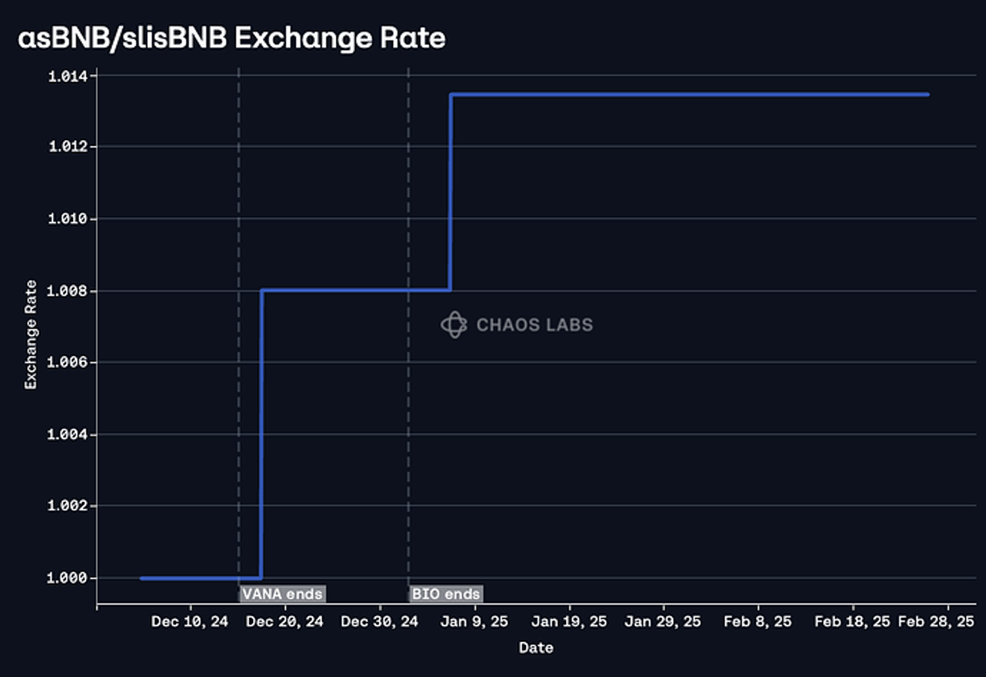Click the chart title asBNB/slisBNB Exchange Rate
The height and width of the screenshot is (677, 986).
(231, 38)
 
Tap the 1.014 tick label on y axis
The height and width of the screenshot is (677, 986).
(68, 76)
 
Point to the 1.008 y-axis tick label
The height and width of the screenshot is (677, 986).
(68, 291)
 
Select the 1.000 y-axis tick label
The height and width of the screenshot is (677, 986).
(68, 578)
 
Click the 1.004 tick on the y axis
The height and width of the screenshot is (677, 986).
(68, 434)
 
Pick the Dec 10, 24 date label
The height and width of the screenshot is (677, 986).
(189, 622)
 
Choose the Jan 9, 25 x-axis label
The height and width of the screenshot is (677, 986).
(474, 622)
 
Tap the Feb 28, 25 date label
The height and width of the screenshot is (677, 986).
(936, 622)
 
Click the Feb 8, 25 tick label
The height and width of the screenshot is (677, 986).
(757, 622)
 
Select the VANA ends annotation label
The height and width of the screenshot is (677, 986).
(282, 594)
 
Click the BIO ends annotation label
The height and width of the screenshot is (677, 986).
(446, 594)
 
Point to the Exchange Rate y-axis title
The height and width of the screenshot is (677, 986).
(31, 335)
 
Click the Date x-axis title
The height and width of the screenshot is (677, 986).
(536, 648)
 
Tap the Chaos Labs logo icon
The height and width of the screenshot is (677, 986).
(454, 325)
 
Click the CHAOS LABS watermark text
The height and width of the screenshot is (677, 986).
(534, 325)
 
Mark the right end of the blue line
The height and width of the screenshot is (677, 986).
(927, 95)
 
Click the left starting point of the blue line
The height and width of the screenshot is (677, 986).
(142, 578)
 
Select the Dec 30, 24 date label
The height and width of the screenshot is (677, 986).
(379, 622)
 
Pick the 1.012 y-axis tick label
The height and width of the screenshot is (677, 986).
(68, 146)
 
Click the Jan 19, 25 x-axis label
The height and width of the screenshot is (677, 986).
(569, 622)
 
